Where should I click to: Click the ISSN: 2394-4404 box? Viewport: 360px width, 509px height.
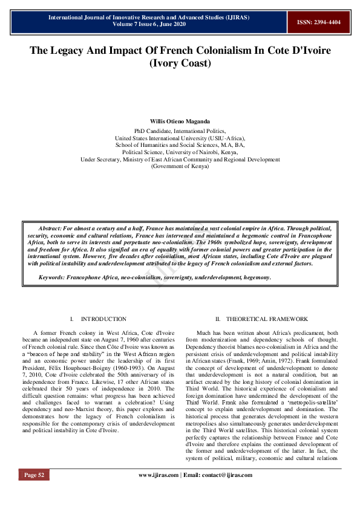[x=318, y=21]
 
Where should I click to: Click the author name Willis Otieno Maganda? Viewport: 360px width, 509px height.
[x=180, y=122]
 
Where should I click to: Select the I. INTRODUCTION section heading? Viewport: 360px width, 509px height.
[x=97, y=319]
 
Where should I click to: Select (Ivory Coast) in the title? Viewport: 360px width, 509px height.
[x=180, y=63]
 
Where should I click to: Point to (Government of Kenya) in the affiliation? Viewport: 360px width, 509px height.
[x=180, y=166]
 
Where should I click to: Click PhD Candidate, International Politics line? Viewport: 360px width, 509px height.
[x=180, y=131]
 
